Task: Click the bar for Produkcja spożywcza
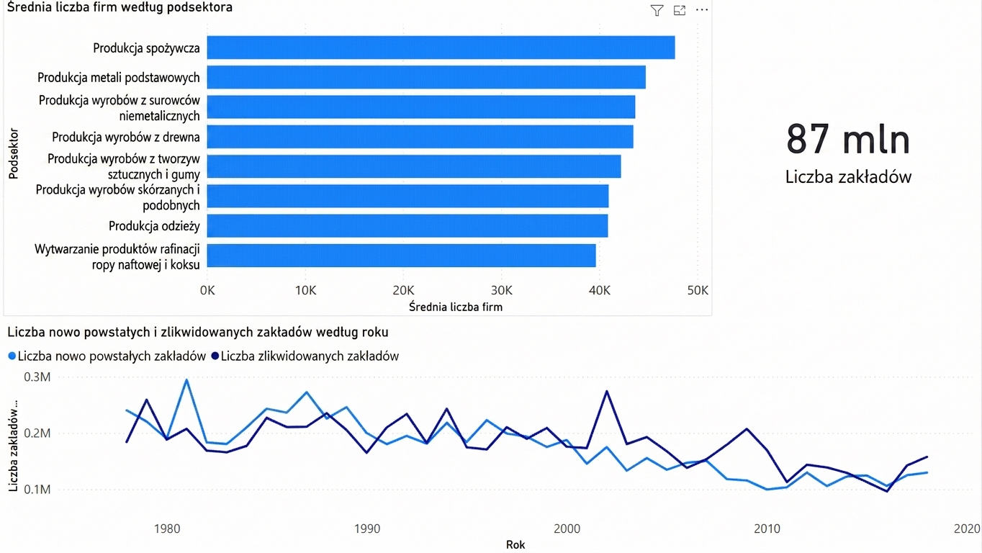441,48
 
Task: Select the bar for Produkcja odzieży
407,226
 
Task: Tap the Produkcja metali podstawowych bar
426,77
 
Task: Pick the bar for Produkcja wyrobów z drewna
420,136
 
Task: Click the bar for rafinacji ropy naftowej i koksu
402,256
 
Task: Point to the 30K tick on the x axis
502,290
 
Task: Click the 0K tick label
207,290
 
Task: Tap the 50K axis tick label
698,290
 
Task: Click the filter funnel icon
657,10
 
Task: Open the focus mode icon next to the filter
680,10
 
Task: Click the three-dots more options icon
702,10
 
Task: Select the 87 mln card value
848,140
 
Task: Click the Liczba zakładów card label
848,176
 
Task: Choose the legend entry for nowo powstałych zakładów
107,356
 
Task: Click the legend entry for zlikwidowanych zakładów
305,356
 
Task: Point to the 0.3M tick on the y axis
37,377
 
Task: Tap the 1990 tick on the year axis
367,529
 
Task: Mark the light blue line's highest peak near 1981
186,379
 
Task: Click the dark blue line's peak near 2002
607,391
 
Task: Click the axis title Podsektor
14,153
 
